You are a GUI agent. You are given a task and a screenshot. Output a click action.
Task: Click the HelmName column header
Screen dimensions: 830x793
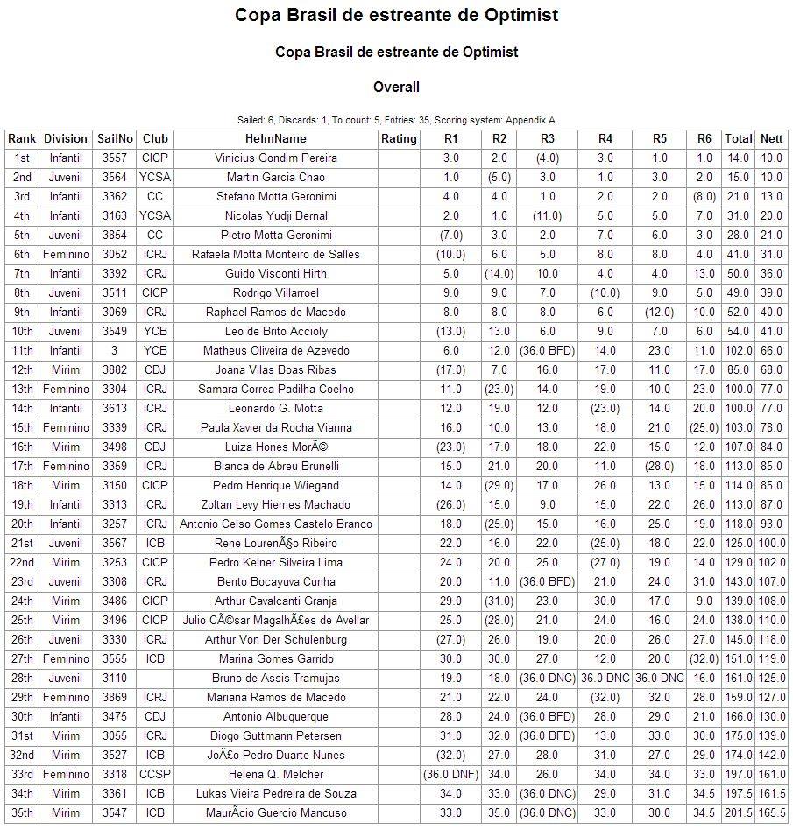point(275,138)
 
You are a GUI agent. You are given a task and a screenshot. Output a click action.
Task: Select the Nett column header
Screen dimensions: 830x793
point(771,138)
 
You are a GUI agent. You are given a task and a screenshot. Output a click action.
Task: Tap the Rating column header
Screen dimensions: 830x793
point(399,138)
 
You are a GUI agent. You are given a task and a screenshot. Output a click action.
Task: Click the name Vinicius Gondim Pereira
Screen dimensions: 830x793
point(275,158)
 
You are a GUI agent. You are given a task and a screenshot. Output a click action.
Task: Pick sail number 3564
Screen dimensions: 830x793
point(115,177)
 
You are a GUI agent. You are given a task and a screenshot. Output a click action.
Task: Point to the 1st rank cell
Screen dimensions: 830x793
point(22,158)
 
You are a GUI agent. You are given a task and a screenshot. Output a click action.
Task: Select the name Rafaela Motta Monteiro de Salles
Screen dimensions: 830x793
point(275,254)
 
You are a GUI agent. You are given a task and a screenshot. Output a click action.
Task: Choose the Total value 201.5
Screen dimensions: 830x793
point(739,812)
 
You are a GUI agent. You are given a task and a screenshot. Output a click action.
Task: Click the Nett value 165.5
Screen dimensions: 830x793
point(771,812)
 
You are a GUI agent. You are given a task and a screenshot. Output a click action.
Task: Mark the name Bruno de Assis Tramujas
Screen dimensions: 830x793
point(275,678)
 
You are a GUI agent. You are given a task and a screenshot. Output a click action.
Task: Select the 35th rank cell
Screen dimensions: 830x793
point(22,812)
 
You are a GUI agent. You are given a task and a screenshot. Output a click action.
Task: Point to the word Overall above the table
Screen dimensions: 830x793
point(396,87)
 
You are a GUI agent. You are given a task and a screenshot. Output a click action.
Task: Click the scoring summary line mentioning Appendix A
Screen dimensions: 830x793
point(396,120)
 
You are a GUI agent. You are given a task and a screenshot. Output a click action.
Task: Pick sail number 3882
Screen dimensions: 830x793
point(115,369)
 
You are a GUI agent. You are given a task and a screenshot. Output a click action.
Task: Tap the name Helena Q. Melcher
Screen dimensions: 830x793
point(275,774)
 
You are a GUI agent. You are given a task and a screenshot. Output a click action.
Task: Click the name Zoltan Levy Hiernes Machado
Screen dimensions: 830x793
point(275,504)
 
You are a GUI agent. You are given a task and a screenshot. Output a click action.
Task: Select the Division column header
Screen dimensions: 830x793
point(66,138)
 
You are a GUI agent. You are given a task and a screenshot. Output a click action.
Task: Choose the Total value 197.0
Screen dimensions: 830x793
point(739,774)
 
